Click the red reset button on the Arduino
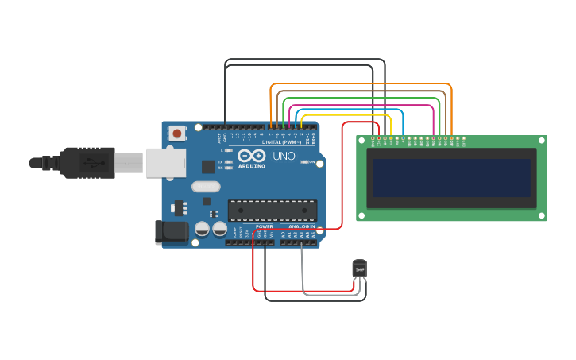click(x=176, y=134)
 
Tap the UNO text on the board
click(x=284, y=156)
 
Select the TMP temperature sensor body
click(x=360, y=269)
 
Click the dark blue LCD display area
click(x=450, y=177)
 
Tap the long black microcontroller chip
click(x=272, y=211)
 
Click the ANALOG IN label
click(x=301, y=226)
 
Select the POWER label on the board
click(x=265, y=226)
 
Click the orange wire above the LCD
click(x=361, y=83)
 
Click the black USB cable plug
click(x=83, y=163)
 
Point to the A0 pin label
click(x=284, y=234)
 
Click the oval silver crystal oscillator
click(x=205, y=187)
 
